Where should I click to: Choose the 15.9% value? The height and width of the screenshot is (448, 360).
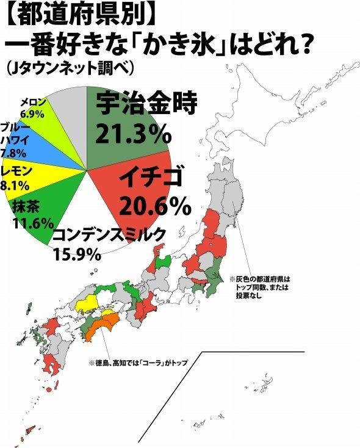76,253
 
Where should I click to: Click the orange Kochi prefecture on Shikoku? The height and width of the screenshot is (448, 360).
92,333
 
